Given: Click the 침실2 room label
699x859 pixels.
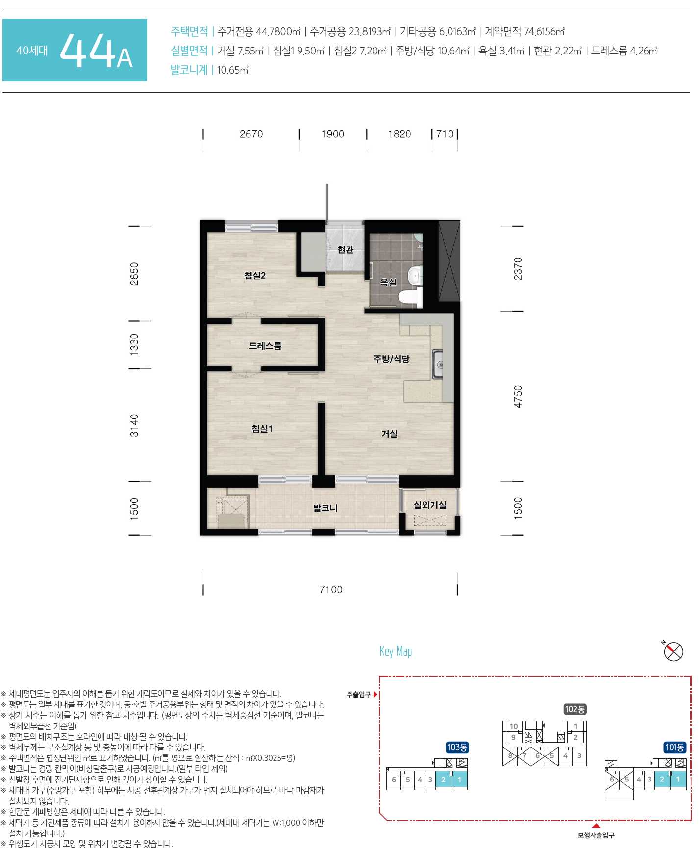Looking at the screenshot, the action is click(x=255, y=276).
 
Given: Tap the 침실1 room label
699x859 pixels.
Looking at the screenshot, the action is click(x=262, y=429).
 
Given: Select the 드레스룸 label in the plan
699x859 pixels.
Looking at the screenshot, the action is click(x=265, y=346).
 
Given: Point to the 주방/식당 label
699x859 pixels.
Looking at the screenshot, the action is click(x=391, y=359).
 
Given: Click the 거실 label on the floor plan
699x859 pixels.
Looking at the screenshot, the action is click(x=389, y=434).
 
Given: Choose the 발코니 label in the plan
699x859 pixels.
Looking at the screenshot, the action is click(x=325, y=508).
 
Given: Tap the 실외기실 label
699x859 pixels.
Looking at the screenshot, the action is click(x=430, y=505).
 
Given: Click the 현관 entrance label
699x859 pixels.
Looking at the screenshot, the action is click(x=346, y=249).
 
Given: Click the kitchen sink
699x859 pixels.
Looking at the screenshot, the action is click(x=438, y=364).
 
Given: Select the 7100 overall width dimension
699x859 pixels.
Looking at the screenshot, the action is click(x=331, y=589).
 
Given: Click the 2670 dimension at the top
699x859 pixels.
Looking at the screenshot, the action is click(x=251, y=134).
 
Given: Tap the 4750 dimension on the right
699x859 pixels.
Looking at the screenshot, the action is click(x=518, y=396).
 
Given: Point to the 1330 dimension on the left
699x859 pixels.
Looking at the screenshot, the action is click(x=134, y=344).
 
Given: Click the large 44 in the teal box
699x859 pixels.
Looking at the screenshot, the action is click(x=87, y=51).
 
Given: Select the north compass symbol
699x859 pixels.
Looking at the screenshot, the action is click(x=673, y=651).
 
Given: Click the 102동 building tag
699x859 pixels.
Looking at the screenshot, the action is click(x=574, y=709).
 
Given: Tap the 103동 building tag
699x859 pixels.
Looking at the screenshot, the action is click(x=457, y=747).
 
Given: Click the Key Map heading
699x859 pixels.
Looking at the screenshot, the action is click(x=396, y=651).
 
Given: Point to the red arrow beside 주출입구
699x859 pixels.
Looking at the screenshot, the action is click(x=375, y=694).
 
